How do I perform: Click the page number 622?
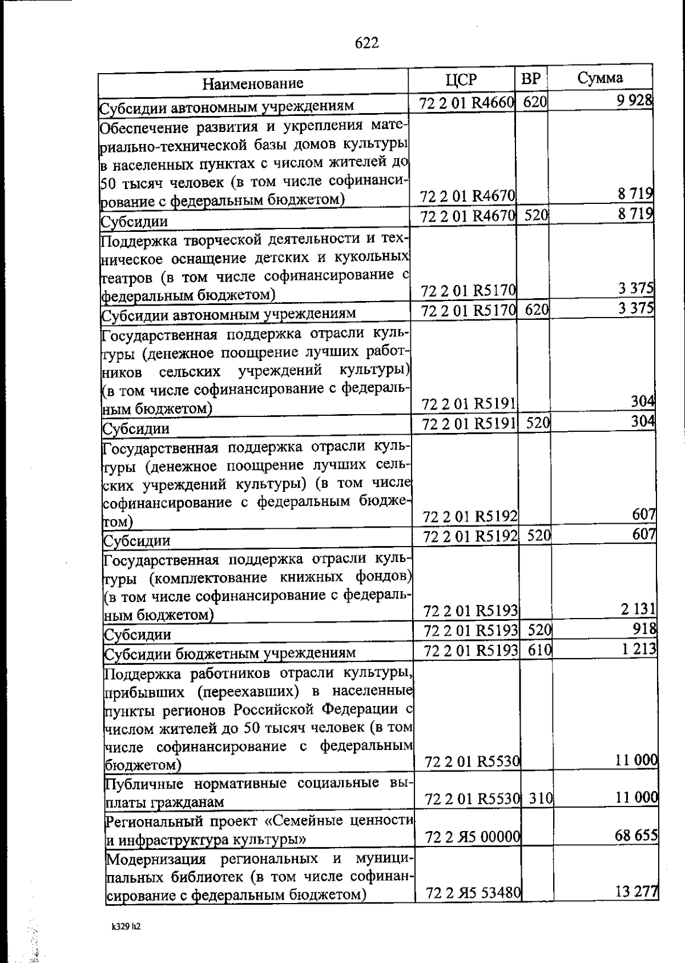[366, 43]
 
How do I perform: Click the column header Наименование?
[253, 83]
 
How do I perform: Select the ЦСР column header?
[461, 79]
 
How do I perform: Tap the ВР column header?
[531, 78]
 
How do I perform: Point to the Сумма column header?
[600, 78]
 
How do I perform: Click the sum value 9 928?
[636, 101]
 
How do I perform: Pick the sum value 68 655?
[636, 836]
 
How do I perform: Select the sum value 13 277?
[637, 892]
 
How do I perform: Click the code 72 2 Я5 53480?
[473, 893]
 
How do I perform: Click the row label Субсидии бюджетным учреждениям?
[229, 653]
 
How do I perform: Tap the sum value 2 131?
[639, 609]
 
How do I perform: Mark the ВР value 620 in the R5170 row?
[537, 310]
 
